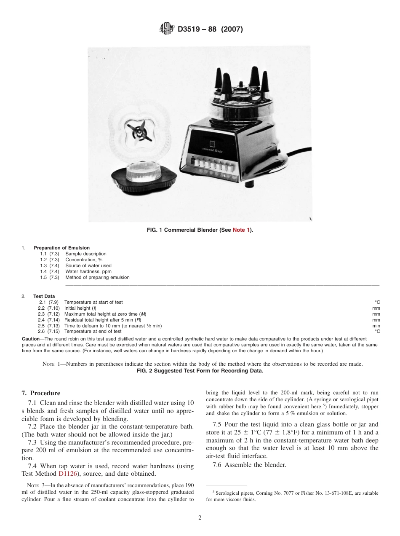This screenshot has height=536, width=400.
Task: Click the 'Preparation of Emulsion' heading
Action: [61, 248]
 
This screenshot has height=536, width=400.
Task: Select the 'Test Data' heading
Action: [44, 296]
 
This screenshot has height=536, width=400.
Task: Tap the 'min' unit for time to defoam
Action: [376, 326]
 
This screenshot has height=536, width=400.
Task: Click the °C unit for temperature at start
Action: [377, 302]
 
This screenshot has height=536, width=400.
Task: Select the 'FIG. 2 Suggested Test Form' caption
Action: [200, 370]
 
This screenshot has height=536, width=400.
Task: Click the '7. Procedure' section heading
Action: [40, 393]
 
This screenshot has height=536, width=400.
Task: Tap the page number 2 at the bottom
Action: [200, 518]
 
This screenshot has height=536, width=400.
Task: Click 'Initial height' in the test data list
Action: [77, 308]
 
